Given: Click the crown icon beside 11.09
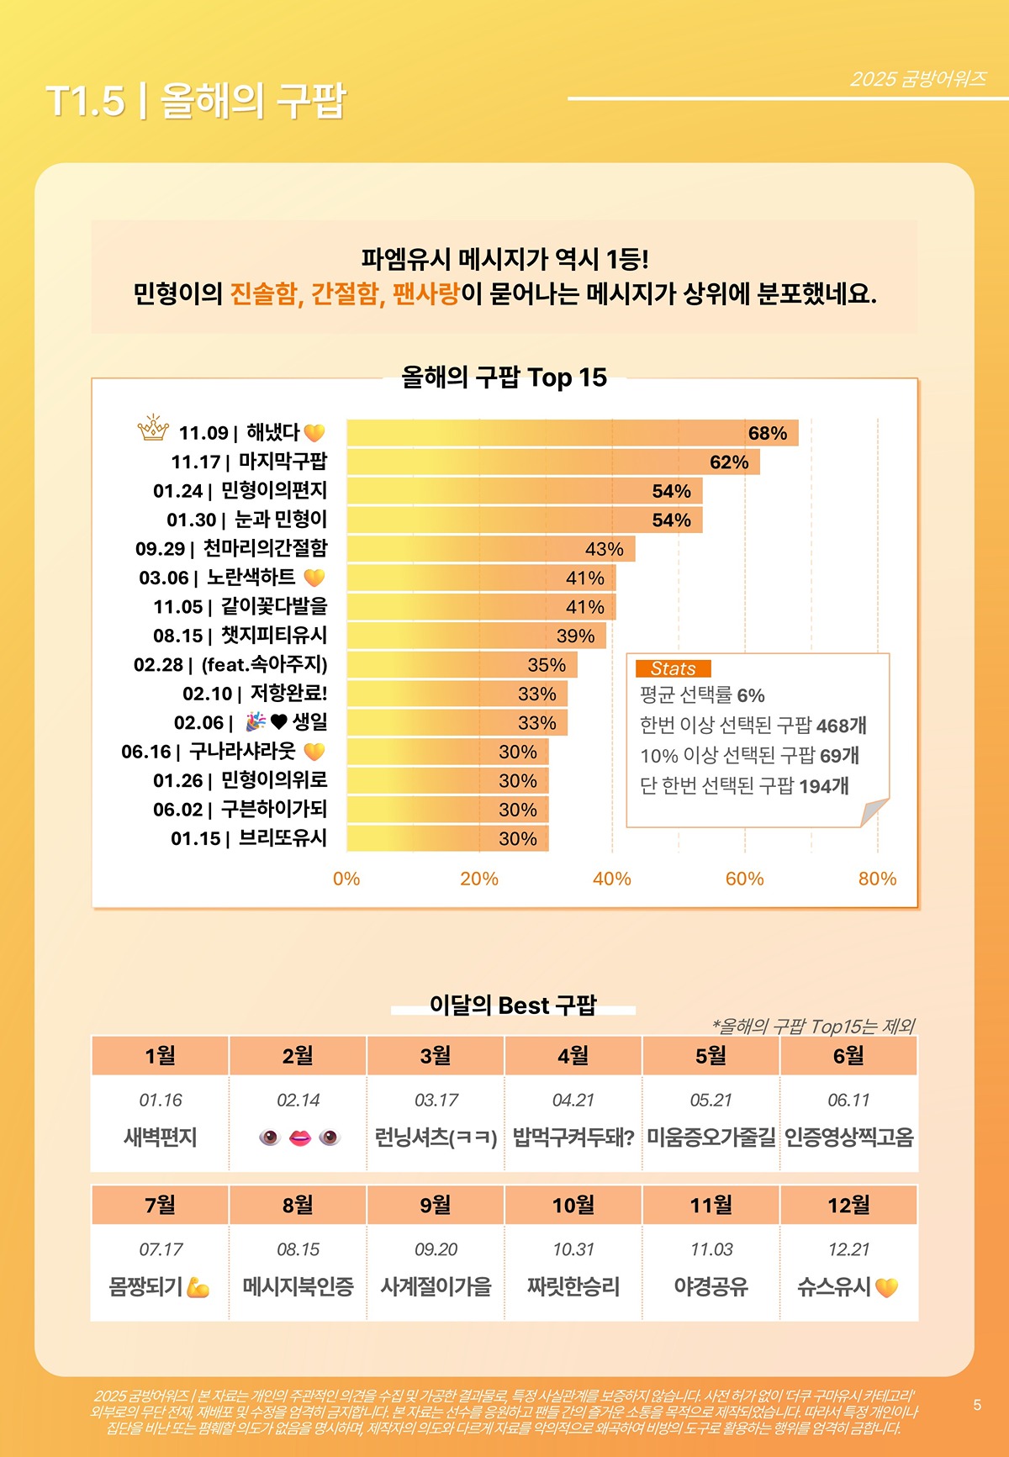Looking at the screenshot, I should pyautogui.click(x=153, y=429).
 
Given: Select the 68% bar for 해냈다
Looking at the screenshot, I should pyautogui.click(x=572, y=433).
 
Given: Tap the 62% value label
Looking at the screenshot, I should pyautogui.click(x=728, y=462).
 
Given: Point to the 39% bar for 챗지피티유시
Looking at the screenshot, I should pyautogui.click(x=476, y=636).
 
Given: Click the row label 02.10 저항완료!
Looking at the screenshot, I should pyautogui.click(x=255, y=694).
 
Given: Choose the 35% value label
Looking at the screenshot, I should pyautogui.click(x=547, y=665).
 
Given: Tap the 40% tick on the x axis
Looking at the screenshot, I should pyautogui.click(x=611, y=879).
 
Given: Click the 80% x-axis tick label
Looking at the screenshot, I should pyautogui.click(x=877, y=879).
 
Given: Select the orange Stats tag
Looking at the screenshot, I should pyautogui.click(x=674, y=668).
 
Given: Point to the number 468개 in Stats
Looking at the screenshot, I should pyautogui.click(x=841, y=726).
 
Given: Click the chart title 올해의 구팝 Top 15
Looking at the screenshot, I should pyautogui.click(x=504, y=377).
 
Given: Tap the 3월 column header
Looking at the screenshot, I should pyautogui.click(x=436, y=1056).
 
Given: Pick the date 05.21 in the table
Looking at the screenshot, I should pyautogui.click(x=711, y=1100).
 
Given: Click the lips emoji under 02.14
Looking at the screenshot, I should pyautogui.click(x=299, y=1138).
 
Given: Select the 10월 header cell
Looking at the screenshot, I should pyautogui.click(x=573, y=1206).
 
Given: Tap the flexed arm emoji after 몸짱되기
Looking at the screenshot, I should pyautogui.click(x=198, y=1287).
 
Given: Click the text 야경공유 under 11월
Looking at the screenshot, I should pyautogui.click(x=711, y=1286).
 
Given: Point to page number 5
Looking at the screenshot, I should pyautogui.click(x=977, y=1405).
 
